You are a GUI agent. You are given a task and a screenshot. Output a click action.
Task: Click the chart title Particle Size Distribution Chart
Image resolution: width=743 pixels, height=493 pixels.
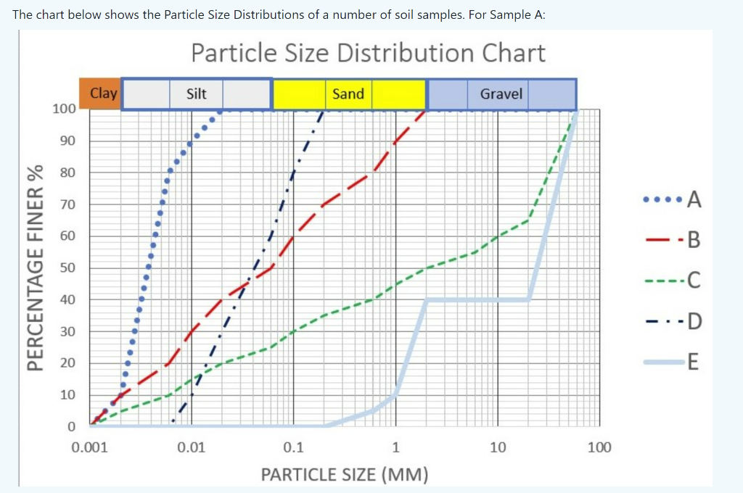(x=368, y=53)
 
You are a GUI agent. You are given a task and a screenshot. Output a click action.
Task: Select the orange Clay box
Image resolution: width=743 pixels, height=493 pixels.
(x=104, y=94)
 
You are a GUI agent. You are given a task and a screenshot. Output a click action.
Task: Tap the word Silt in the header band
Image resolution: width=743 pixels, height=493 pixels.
(x=196, y=94)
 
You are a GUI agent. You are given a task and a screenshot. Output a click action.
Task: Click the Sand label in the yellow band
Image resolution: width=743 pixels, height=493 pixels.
(x=348, y=94)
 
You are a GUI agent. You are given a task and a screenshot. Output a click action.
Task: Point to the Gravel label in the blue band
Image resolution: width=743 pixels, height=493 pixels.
(x=501, y=94)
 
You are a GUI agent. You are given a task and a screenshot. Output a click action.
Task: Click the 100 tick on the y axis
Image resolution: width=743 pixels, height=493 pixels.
(x=64, y=109)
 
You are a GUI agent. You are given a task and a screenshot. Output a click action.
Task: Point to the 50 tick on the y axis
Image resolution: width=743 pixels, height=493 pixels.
(x=67, y=268)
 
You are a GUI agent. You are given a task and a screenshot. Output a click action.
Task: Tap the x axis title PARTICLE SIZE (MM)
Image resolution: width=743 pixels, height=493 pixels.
(x=345, y=475)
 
